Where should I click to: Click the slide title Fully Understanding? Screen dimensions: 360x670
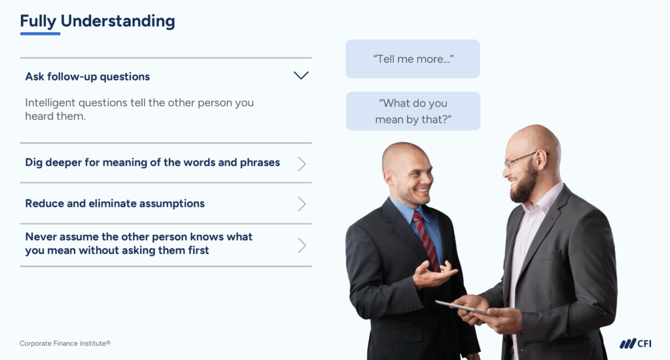pyautogui.click(x=97, y=21)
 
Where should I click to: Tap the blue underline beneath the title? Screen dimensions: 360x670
pyautogui.click(x=40, y=33)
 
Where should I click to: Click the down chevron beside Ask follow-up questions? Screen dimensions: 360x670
pyautogui.click(x=301, y=76)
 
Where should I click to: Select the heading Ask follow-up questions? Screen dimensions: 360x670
pyautogui.click(x=88, y=77)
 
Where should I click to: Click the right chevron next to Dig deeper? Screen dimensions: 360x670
pyautogui.click(x=302, y=164)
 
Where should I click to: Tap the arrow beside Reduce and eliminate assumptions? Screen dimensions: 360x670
pyautogui.click(x=302, y=204)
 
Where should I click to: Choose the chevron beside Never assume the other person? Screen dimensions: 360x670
pyautogui.click(x=302, y=245)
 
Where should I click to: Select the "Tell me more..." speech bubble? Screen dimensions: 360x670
pyautogui.click(x=413, y=59)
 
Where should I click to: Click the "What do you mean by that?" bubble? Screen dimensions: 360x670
pyautogui.click(x=413, y=111)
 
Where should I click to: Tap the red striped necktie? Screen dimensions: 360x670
pyautogui.click(x=426, y=239)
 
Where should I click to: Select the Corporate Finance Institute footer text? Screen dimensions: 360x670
pyautogui.click(x=65, y=344)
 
